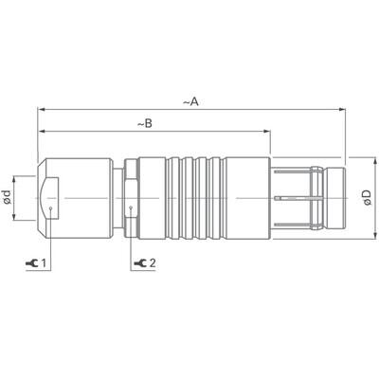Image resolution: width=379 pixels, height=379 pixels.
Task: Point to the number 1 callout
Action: (43, 261)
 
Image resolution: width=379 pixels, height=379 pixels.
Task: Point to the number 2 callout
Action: (153, 261)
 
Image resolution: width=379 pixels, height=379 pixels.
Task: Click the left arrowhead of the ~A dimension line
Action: (41, 109)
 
